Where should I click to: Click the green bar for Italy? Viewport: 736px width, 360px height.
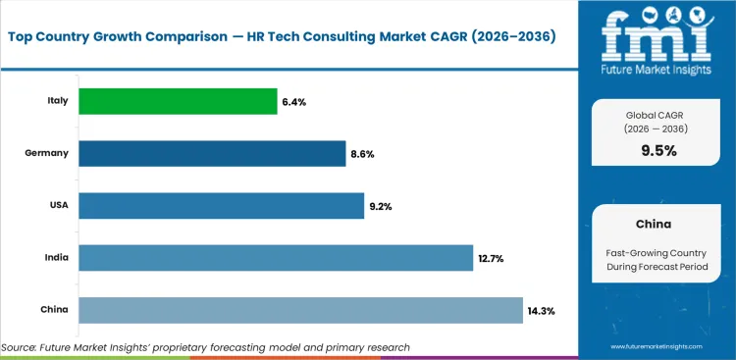(178, 101)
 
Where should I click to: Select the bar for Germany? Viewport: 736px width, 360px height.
(212, 153)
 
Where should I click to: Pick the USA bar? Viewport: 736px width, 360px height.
(221, 205)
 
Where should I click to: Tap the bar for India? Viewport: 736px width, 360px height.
(276, 257)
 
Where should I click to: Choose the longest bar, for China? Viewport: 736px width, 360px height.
(300, 310)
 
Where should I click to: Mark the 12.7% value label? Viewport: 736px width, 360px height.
(494, 258)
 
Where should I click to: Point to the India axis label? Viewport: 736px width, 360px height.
(55, 257)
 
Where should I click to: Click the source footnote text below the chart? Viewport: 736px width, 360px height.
(205, 347)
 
